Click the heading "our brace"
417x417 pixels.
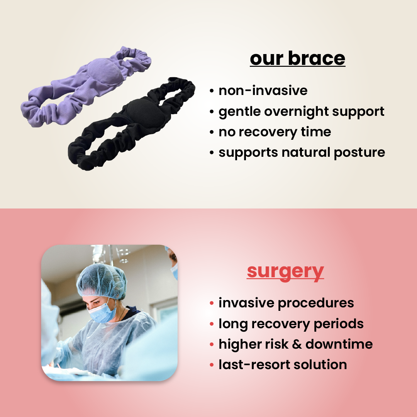(x=297, y=58)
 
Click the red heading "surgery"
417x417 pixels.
(x=285, y=271)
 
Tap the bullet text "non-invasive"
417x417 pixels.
(x=263, y=90)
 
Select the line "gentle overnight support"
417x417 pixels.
(x=301, y=111)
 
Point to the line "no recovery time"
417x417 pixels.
(x=275, y=132)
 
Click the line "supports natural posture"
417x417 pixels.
(x=302, y=152)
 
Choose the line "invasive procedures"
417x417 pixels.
(x=286, y=303)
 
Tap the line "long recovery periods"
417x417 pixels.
(x=291, y=324)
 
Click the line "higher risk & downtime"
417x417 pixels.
(x=295, y=344)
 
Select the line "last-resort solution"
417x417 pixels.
(x=283, y=364)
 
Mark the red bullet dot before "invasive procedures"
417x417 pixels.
(x=212, y=303)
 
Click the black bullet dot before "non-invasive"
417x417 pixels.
(x=212, y=91)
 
